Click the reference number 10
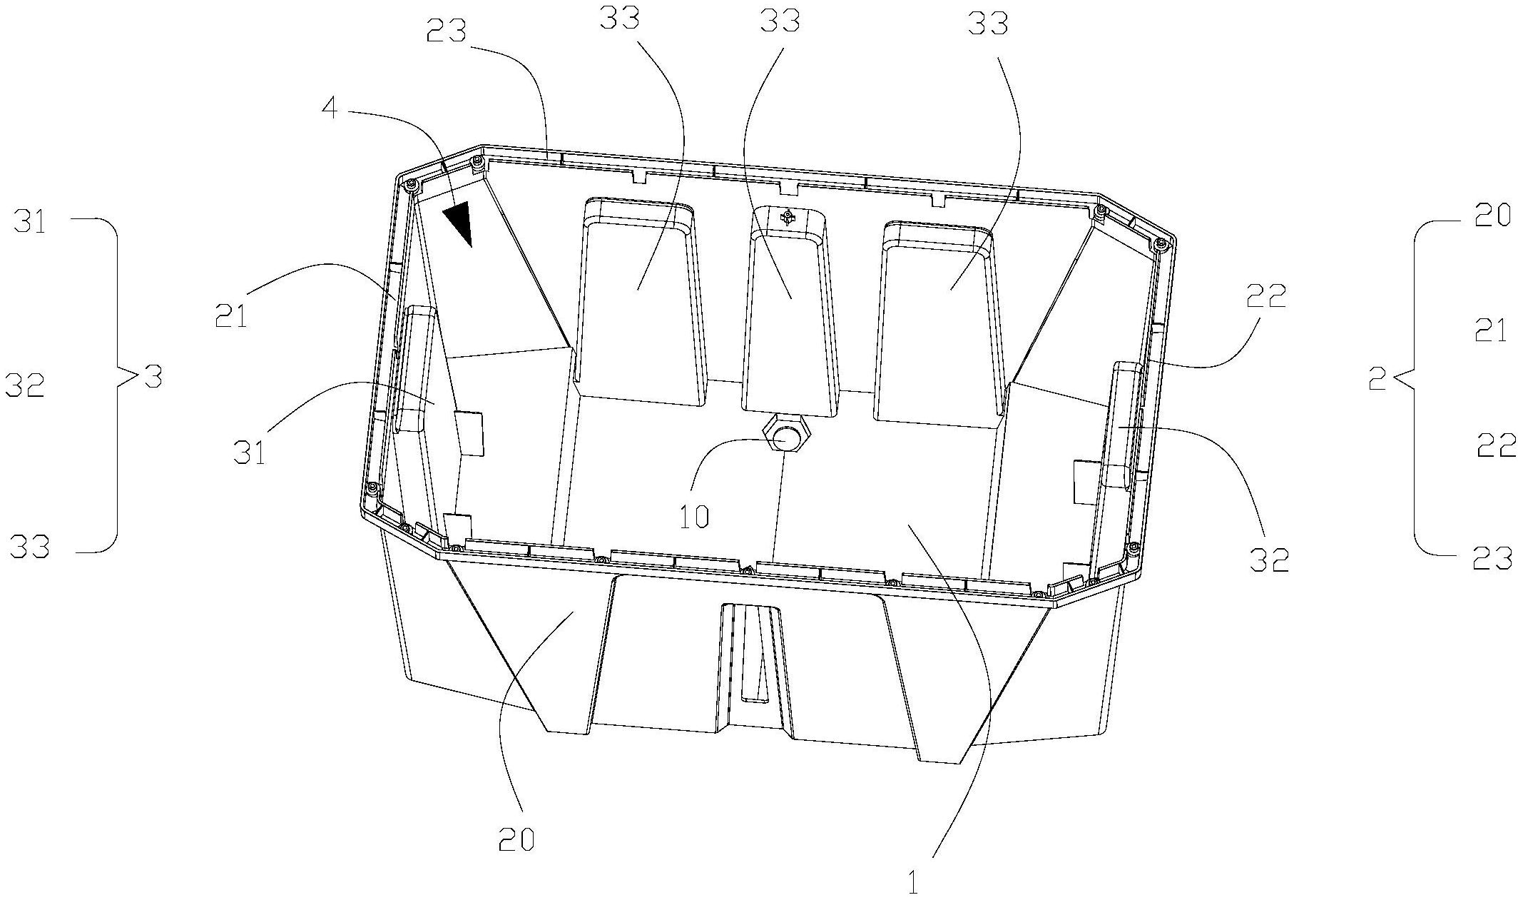click(694, 516)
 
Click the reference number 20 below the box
click(516, 840)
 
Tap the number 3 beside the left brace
click(153, 376)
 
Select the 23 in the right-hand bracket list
click(1492, 558)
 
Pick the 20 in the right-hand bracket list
click(1492, 216)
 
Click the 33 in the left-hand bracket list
click(30, 547)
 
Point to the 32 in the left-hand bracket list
click(25, 386)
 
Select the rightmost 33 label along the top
click(989, 24)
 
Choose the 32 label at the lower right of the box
click(1270, 561)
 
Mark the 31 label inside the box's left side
click(249, 452)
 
